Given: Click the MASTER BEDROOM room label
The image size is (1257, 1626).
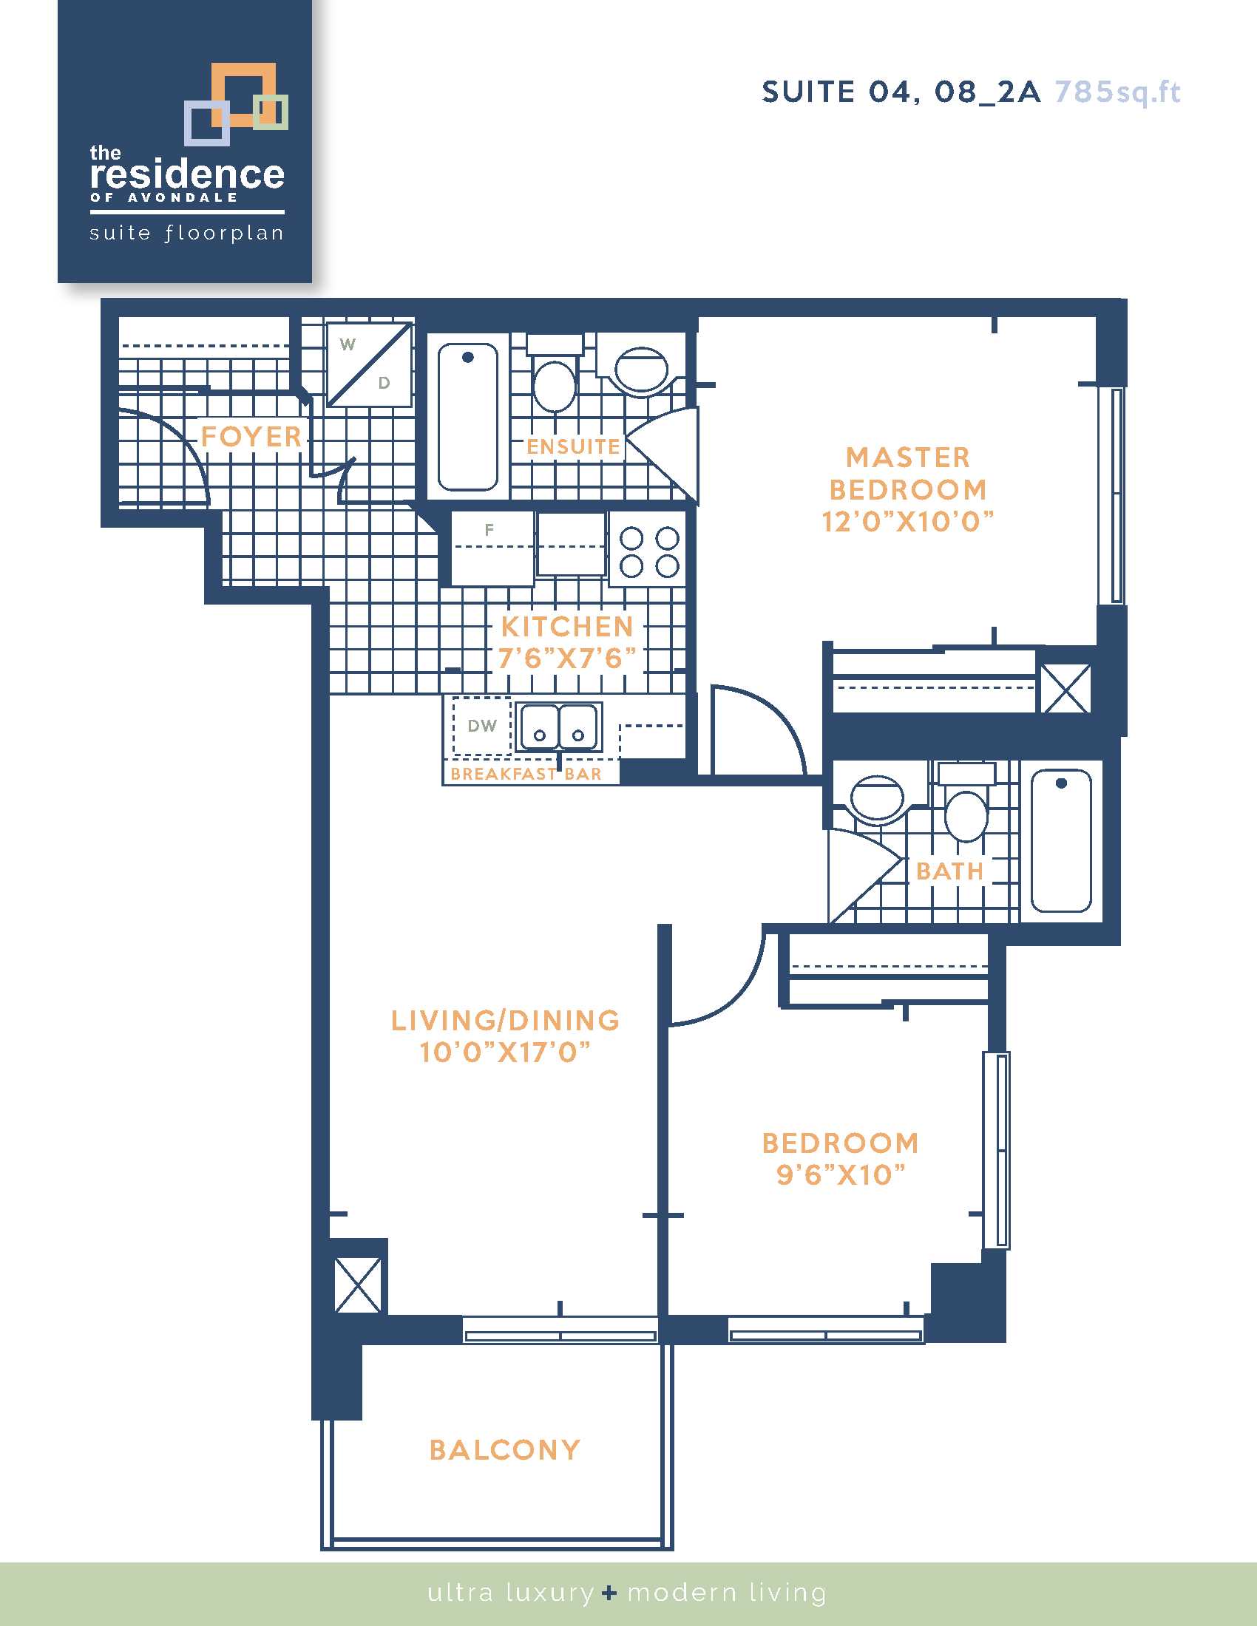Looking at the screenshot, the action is (x=908, y=474).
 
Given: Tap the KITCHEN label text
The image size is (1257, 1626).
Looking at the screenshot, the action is (x=567, y=627).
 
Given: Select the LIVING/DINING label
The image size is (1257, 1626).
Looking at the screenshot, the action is (x=506, y=1021).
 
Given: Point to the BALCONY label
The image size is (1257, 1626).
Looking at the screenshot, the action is (x=505, y=1449).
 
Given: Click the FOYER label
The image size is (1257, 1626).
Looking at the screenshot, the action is (x=251, y=436).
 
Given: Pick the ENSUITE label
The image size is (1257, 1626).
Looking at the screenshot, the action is (x=573, y=446).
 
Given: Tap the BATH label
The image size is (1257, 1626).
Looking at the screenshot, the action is (x=950, y=871).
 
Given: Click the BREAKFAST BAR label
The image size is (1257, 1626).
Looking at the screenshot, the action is (x=526, y=775).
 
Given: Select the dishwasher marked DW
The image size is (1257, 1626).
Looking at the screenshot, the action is (x=482, y=726).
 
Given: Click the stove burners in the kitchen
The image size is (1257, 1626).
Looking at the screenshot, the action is (x=649, y=551).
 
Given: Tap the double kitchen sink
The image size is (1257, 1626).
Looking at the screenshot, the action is (x=558, y=726).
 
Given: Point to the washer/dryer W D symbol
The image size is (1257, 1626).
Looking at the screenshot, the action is (x=370, y=364).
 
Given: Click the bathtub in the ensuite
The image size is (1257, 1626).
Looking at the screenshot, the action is (x=467, y=417).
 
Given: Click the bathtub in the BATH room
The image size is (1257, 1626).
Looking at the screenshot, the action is (x=1061, y=840).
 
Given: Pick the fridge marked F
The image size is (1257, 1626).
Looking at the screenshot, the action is (x=492, y=548).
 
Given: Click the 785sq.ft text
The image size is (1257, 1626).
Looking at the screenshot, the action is (x=1118, y=92).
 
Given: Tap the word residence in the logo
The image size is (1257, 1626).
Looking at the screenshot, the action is (x=187, y=174).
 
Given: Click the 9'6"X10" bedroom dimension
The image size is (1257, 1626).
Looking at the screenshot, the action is (x=841, y=1175).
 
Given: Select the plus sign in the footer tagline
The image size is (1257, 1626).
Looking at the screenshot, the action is (x=610, y=1593).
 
